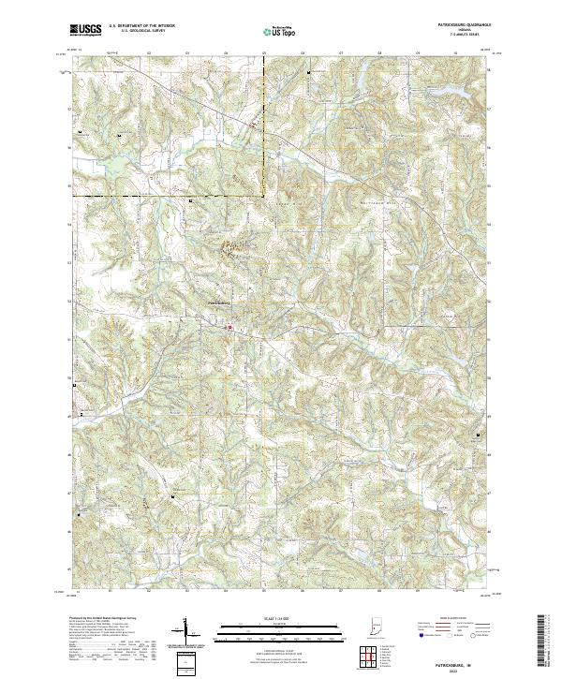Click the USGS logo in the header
tap(85, 31)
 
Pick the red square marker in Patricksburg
tap(229, 327)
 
